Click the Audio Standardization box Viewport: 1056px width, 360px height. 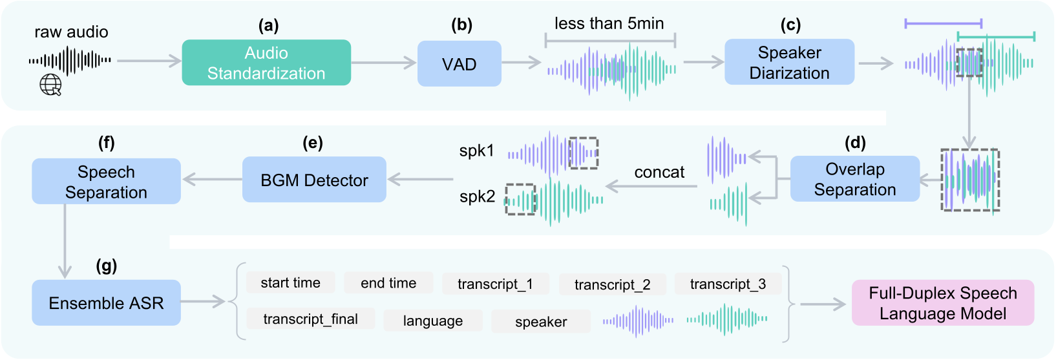point(266,63)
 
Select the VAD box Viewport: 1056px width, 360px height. point(459,64)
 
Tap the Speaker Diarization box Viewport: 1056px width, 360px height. point(789,63)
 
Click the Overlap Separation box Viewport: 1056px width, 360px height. point(854,179)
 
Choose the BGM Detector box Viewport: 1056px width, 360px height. point(314,180)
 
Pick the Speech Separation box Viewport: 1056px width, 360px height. point(106,182)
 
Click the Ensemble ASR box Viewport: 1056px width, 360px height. point(106,303)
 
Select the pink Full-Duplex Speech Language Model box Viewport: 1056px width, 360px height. point(942,303)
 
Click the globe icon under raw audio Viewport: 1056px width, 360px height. point(50,85)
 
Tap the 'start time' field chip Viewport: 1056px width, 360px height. point(290,283)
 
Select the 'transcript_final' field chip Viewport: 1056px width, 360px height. point(310,319)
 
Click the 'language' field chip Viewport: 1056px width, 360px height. point(432,321)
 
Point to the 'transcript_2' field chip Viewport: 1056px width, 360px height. point(612,285)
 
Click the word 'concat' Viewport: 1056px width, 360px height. point(659,173)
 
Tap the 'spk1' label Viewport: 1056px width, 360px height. point(476,151)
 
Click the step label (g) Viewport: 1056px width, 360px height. point(106,266)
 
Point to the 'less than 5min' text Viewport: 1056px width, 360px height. point(609,24)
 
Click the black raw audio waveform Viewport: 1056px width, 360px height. point(70,61)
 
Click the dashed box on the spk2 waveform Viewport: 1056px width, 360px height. point(520,199)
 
